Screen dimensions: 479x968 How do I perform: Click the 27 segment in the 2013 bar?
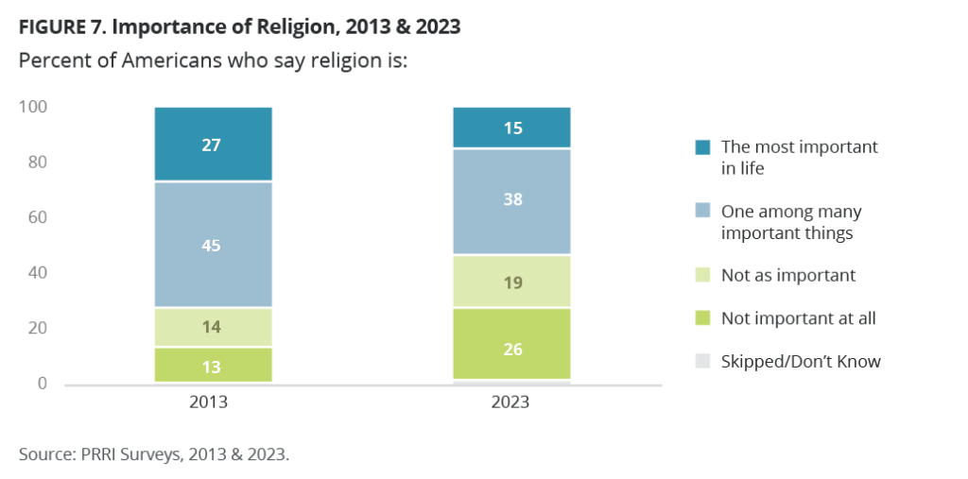click(x=214, y=144)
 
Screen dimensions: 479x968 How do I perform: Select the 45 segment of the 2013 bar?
click(x=214, y=245)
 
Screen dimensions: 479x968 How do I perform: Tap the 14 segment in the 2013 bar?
click(x=214, y=327)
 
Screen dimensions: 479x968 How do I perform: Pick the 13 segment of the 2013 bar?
click(x=214, y=365)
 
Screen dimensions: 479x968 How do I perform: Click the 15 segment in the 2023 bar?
click(x=511, y=128)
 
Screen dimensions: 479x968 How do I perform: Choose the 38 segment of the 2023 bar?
click(x=511, y=201)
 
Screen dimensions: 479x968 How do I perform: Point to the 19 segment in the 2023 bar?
click(x=511, y=282)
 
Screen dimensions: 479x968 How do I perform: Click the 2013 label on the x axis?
click(x=214, y=402)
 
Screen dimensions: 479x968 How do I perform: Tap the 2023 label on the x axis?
click(x=511, y=402)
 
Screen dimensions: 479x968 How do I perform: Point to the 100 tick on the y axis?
click(x=32, y=108)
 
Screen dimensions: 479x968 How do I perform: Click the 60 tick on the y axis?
click(x=36, y=218)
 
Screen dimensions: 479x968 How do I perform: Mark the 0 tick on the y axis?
click(x=41, y=384)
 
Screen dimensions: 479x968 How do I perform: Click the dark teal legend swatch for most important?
click(x=701, y=147)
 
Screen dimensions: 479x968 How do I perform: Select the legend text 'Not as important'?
click(x=787, y=276)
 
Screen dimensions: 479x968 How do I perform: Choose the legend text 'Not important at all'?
click(x=798, y=318)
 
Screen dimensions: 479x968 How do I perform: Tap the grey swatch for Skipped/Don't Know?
click(x=701, y=362)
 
